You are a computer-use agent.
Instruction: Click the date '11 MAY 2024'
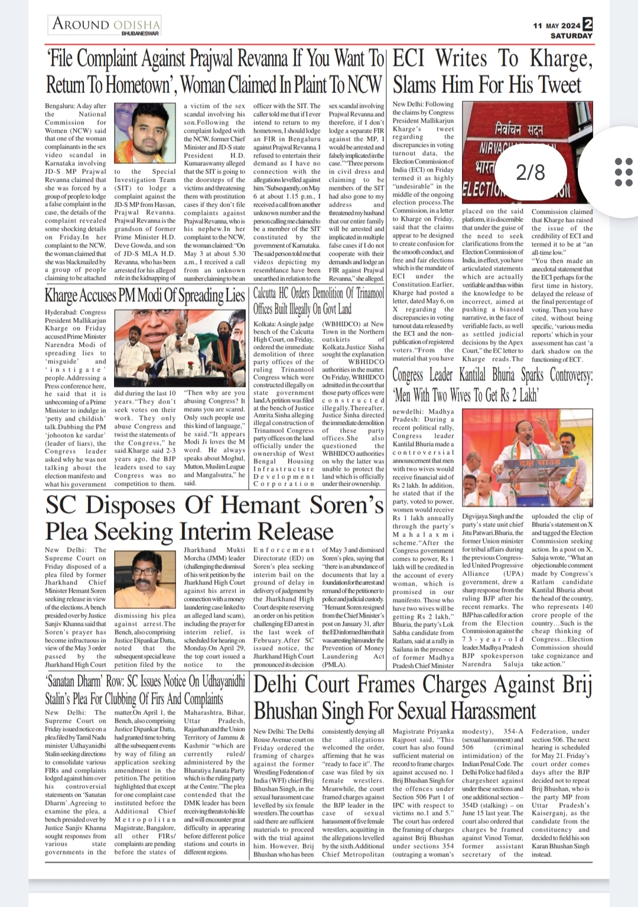(x=556, y=26)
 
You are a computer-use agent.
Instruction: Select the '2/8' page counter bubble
(x=530, y=172)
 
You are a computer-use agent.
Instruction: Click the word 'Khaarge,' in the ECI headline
(x=561, y=59)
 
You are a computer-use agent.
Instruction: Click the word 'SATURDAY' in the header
(x=571, y=36)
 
